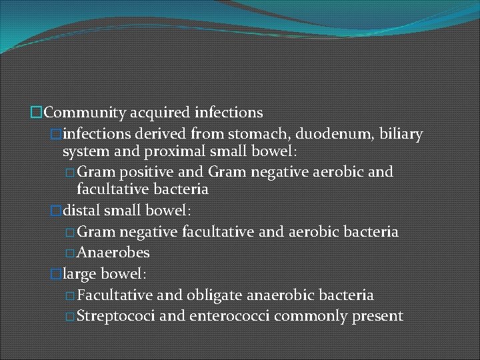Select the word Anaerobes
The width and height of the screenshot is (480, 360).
pos(113,253)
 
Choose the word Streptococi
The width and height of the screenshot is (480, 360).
pos(117,315)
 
